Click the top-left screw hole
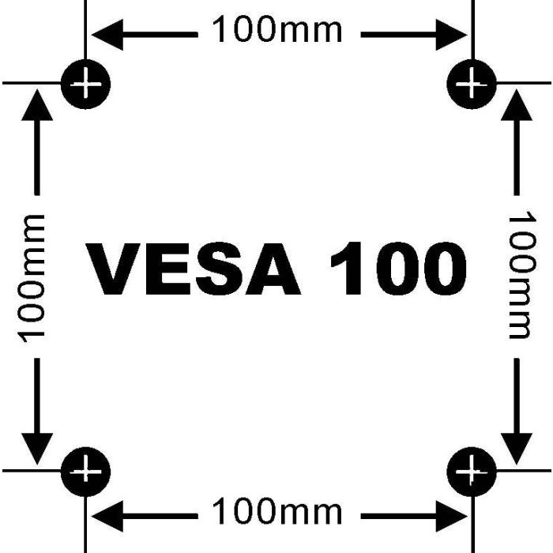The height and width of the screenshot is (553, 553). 85,84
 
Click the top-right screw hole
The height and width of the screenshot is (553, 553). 472,84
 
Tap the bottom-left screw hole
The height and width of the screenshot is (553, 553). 85,472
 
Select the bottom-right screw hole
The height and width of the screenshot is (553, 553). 472,472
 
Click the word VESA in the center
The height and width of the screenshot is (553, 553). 194,269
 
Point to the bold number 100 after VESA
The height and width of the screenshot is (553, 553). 398,269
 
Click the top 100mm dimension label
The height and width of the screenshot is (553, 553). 277,30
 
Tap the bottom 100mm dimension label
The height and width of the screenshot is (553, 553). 277,511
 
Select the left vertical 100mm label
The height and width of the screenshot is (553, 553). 32,279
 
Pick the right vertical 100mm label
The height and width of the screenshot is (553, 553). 522,275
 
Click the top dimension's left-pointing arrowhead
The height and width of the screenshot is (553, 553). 107,35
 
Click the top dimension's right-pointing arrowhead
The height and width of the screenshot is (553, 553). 452,35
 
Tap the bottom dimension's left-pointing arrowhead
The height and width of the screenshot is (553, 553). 107,517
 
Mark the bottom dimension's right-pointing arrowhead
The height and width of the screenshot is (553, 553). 452,517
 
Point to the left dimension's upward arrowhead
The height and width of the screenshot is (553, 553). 37,105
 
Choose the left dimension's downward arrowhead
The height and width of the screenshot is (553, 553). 37,449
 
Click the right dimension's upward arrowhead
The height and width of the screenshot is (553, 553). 517,105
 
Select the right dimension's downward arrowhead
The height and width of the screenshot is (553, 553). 517,449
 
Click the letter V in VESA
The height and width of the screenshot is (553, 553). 113,269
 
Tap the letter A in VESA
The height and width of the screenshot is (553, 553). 273,269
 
